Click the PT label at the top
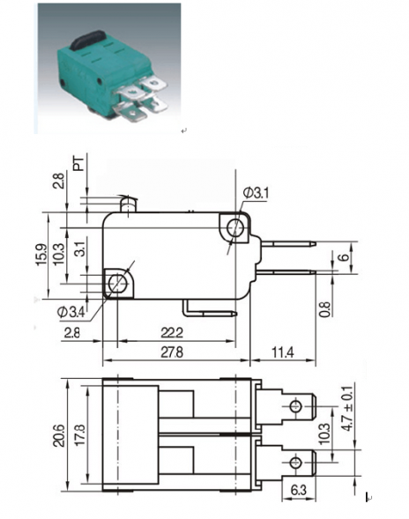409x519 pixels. coord(79,163)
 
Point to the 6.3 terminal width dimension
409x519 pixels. coord(297,488)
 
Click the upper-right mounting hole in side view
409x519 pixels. coord(235,229)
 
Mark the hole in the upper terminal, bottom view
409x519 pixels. coord(297,408)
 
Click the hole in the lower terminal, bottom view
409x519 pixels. coord(297,461)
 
